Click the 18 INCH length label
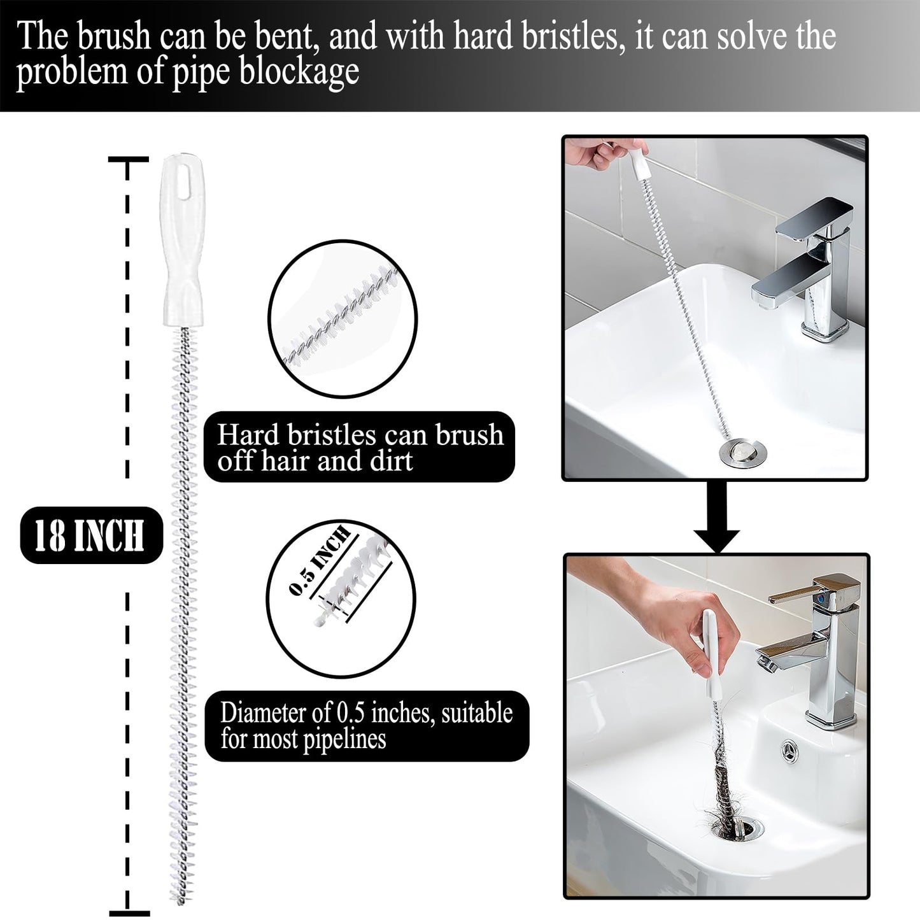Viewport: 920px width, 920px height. click(x=90, y=535)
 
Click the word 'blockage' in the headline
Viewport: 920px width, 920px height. click(x=299, y=71)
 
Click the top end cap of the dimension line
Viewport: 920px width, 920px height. click(x=128, y=159)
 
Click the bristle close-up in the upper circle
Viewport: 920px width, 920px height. click(x=342, y=318)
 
